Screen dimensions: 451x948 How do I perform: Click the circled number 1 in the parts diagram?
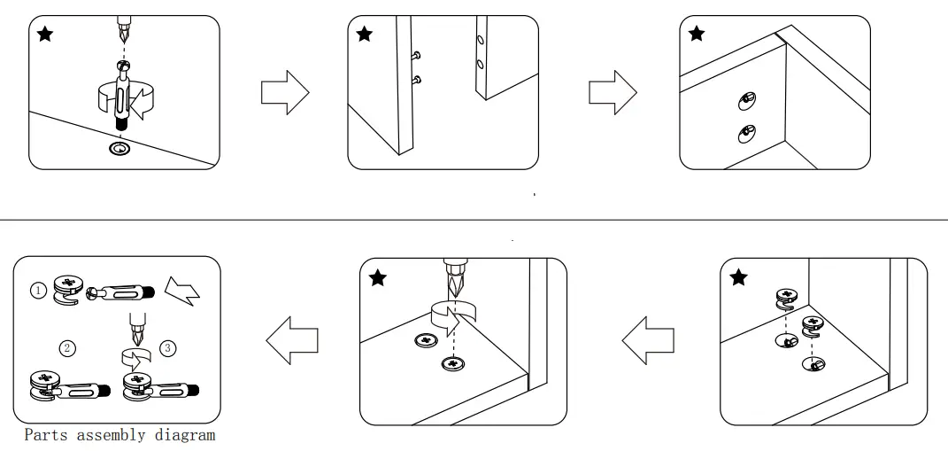(x=39, y=290)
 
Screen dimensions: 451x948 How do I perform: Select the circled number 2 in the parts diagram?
(x=66, y=347)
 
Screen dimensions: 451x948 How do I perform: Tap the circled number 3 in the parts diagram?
(x=167, y=347)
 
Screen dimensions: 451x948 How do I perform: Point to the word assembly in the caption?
(x=113, y=435)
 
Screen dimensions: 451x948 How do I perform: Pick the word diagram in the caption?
(x=187, y=435)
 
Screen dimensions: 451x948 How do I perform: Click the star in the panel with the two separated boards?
(x=364, y=35)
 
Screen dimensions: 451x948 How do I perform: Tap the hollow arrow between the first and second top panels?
(x=284, y=92)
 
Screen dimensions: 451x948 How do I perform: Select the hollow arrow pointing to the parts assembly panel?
(x=292, y=342)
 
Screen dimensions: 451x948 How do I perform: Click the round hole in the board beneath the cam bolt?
(x=119, y=147)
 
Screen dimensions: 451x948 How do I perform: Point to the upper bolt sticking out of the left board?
(x=415, y=56)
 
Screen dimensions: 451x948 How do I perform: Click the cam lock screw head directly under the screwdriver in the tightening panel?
(x=453, y=363)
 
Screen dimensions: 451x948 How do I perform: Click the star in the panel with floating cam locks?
(x=738, y=278)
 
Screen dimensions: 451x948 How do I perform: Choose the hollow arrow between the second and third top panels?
(x=613, y=92)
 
